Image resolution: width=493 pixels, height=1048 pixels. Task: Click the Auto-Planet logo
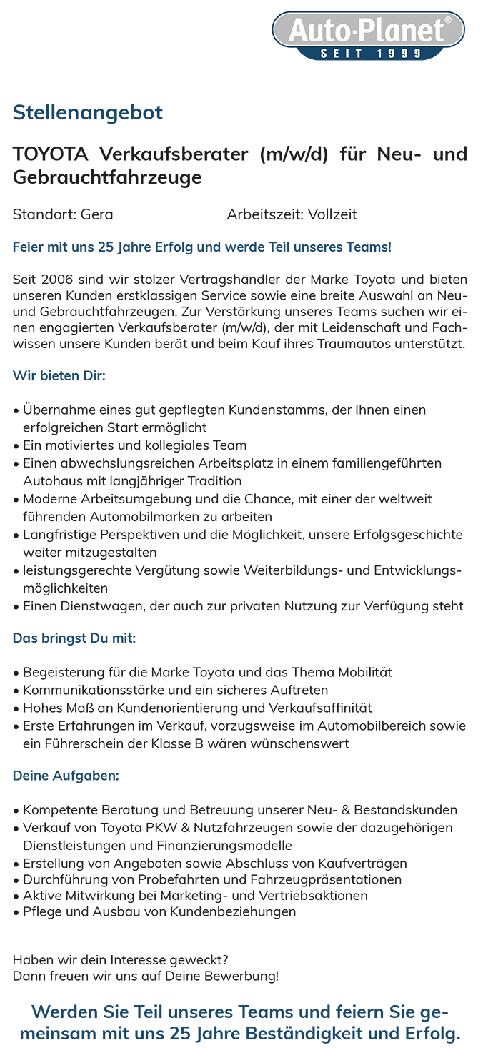coord(368,31)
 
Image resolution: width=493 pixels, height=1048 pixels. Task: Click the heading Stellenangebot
coord(88,112)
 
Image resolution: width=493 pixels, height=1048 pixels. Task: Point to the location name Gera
coord(97,214)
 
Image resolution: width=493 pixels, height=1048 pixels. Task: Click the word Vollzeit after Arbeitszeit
coord(332,214)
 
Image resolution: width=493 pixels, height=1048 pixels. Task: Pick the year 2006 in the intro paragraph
coord(59,279)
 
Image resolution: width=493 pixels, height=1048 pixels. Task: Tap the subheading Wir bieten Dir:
coord(59,375)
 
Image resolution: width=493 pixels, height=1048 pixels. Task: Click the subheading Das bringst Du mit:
coord(74,638)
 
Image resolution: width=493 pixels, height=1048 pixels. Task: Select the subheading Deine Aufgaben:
coord(66,776)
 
